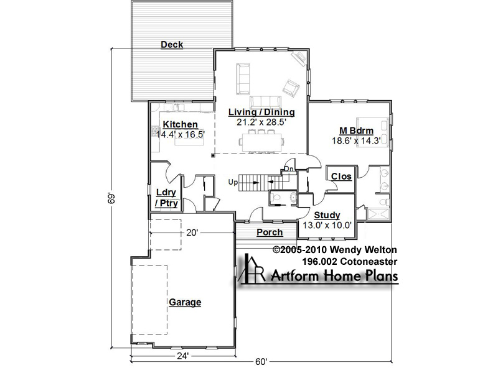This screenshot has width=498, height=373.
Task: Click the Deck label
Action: (172, 45)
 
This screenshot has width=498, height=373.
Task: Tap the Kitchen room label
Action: (180, 124)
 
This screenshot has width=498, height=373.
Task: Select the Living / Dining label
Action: (261, 112)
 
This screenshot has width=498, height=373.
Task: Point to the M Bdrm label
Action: (356, 131)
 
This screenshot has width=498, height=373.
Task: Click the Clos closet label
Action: (341, 177)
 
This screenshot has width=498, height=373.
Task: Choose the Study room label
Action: (327, 215)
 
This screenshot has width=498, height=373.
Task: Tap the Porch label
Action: (270, 233)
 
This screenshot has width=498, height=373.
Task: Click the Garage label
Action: (185, 302)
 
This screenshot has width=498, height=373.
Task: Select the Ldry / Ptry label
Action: (166, 198)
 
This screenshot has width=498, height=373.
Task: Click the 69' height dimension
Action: (111, 198)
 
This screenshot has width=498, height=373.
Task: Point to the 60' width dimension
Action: (261, 362)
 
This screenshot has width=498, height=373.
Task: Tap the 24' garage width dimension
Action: (183, 356)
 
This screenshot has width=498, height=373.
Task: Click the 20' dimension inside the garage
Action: (192, 233)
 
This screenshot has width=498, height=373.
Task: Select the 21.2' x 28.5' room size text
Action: (261, 122)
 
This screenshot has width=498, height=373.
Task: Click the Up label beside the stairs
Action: (233, 183)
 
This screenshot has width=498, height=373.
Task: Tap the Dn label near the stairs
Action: (289, 168)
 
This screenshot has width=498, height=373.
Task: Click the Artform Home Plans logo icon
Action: (251, 269)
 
